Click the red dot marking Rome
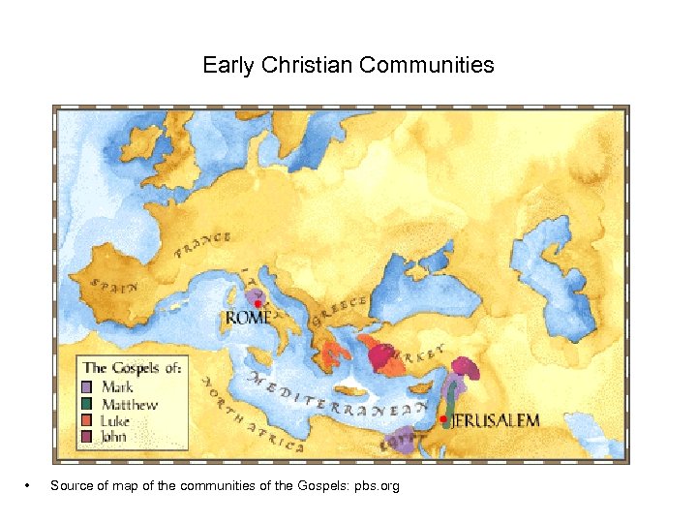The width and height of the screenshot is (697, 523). click(x=258, y=304)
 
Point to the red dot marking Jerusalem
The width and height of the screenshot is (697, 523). click(x=443, y=418)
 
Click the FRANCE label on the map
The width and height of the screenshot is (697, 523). click(x=203, y=245)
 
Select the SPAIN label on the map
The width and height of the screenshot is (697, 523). click(x=114, y=286)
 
